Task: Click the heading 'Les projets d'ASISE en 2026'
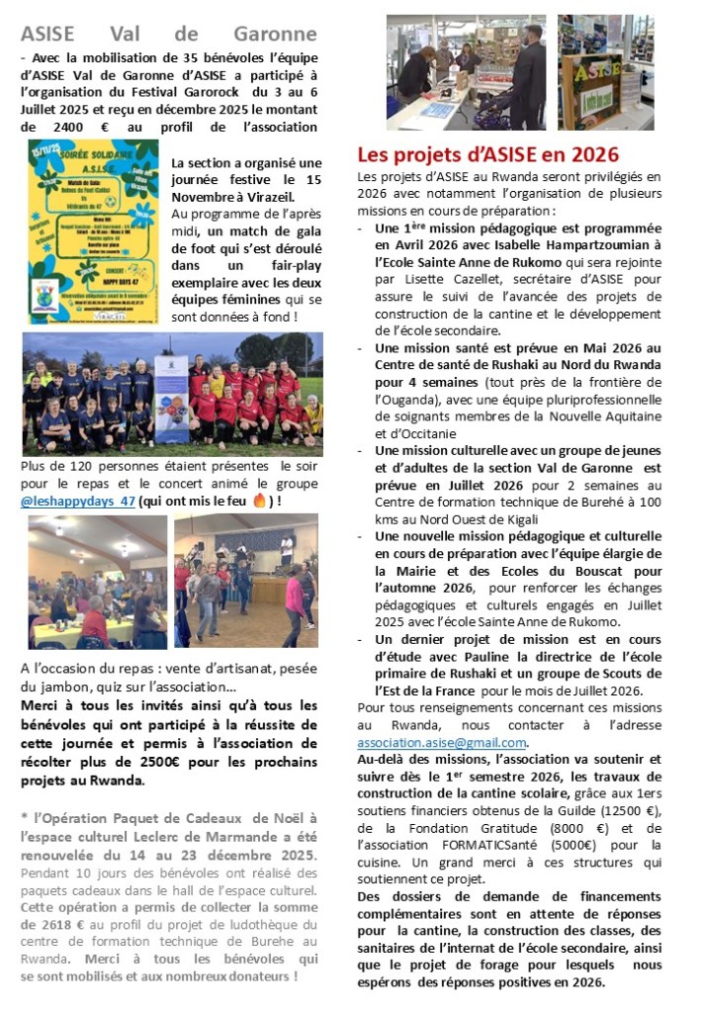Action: point(488,154)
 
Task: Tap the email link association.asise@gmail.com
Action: point(442,743)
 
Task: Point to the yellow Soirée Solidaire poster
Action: point(93,231)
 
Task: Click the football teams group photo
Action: point(172,393)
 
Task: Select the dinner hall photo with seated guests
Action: point(96,581)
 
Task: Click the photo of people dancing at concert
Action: point(246,581)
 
